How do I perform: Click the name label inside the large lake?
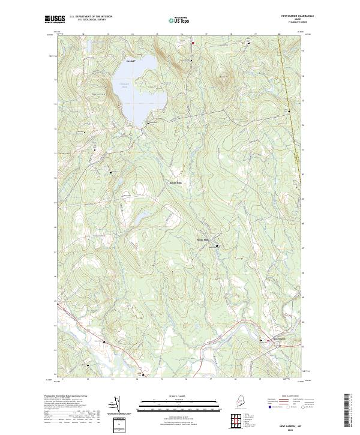point(124,85)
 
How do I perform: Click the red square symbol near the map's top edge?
point(193,43)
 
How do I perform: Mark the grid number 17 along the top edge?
point(206,34)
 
